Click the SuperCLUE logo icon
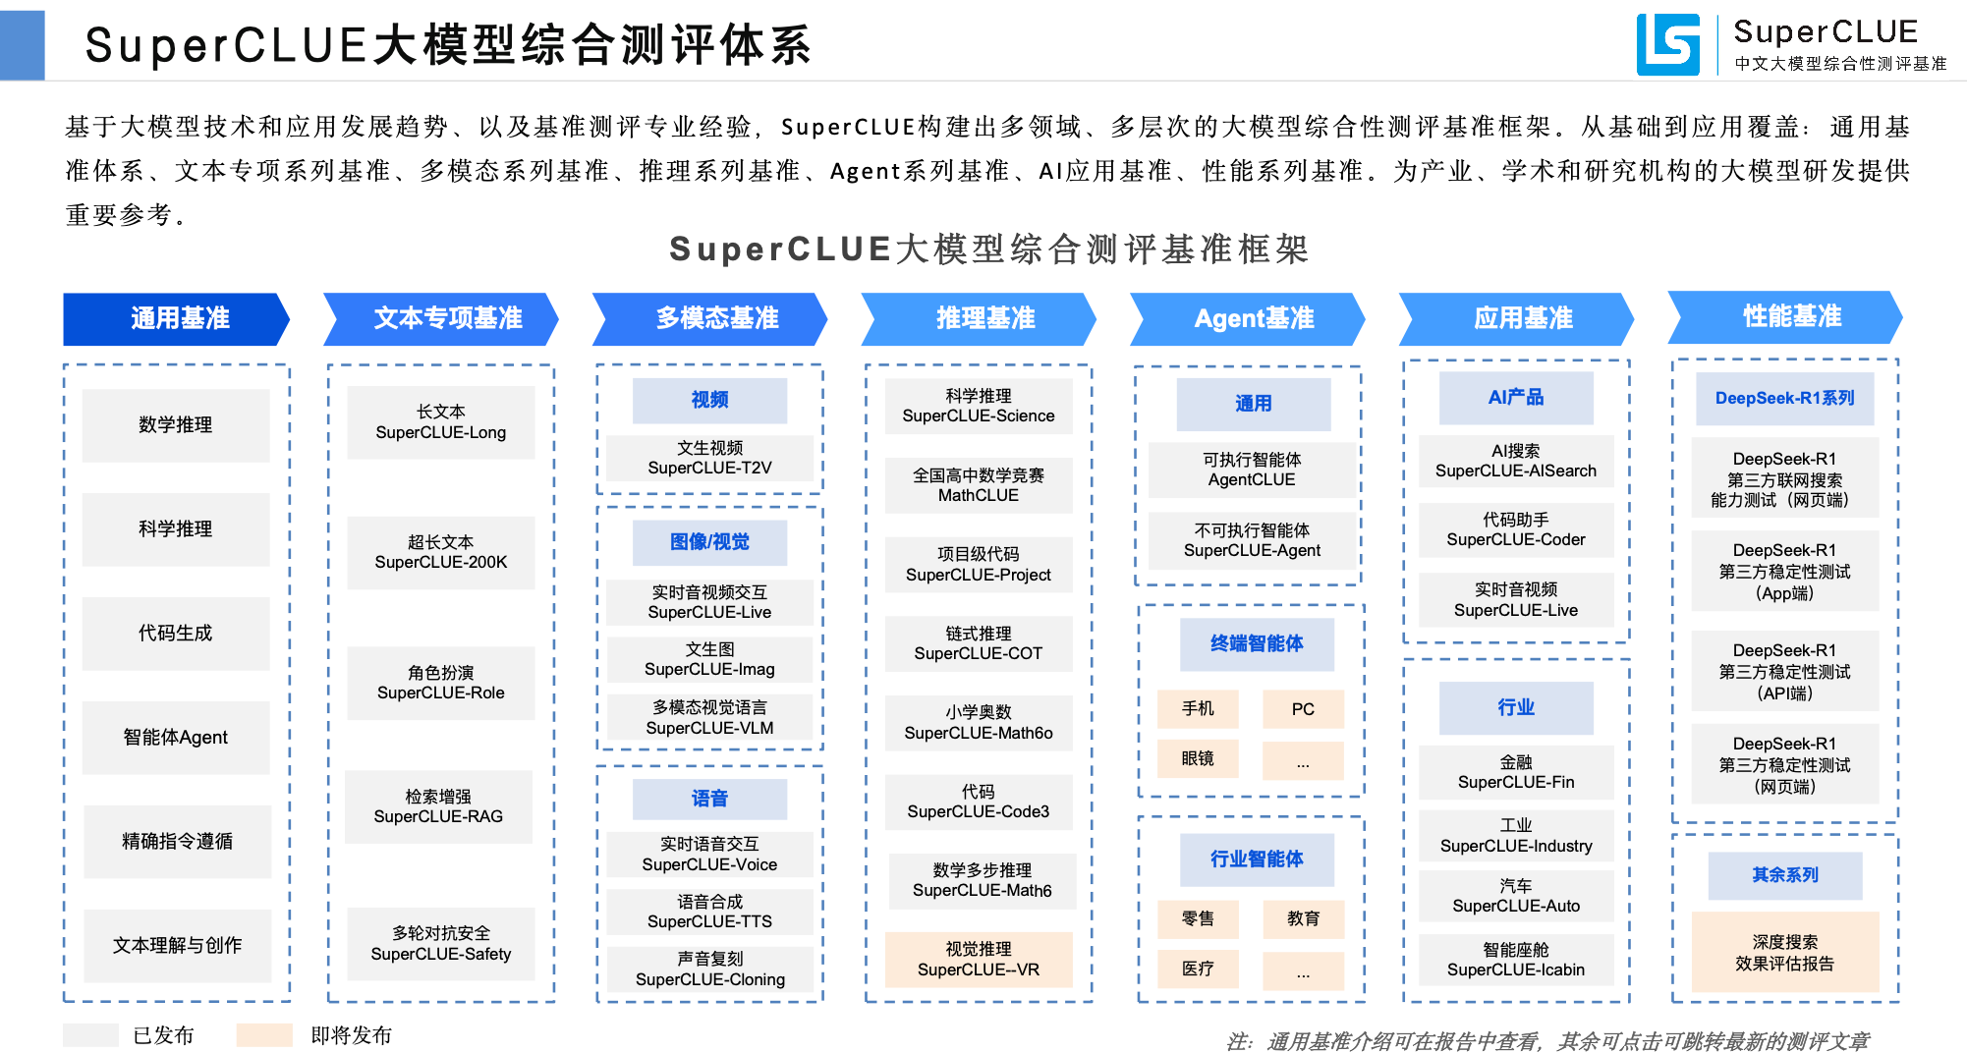pyautogui.click(x=1667, y=44)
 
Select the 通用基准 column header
pyautogui.click(x=177, y=318)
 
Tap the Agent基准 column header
pyautogui.click(x=1248, y=318)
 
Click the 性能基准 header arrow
pyautogui.click(x=1785, y=316)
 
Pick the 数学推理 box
pyautogui.click(x=176, y=425)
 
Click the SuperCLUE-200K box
pyautogui.click(x=441, y=552)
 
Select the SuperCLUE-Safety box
pyautogui.click(x=441, y=944)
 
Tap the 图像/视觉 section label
pyautogui.click(x=709, y=542)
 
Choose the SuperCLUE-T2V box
pyautogui.click(x=709, y=458)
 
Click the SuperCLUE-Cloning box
pyautogui.click(x=709, y=970)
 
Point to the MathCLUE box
pyautogui.click(x=979, y=485)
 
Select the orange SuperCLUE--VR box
pyautogui.click(x=979, y=960)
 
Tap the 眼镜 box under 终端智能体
pyautogui.click(x=1198, y=759)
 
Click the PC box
pyautogui.click(x=1303, y=709)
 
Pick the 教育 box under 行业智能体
pyautogui.click(x=1303, y=918)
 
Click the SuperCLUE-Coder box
pyautogui.click(x=1516, y=529)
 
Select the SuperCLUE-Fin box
pyautogui.click(x=1516, y=772)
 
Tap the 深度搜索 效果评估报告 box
pyautogui.click(x=1784, y=953)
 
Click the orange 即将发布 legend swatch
pyautogui.click(x=264, y=1034)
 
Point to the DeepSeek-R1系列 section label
pyautogui.click(x=1784, y=398)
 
